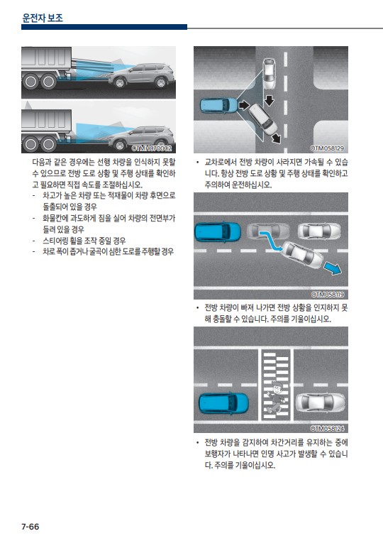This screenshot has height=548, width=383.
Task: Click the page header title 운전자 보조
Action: (43, 18)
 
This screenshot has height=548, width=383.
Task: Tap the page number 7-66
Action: (30, 526)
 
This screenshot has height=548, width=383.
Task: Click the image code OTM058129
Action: (327, 148)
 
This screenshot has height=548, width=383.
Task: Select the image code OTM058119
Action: (327, 295)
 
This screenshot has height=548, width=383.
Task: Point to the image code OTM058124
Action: (327, 429)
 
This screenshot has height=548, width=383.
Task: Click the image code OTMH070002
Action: (152, 148)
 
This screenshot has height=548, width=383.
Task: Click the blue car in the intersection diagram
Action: (219, 105)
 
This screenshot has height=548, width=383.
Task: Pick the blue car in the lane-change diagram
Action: (218, 232)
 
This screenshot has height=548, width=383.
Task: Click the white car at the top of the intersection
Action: (269, 74)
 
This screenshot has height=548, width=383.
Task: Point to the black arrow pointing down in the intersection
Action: (270, 100)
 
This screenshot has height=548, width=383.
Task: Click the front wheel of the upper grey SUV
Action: (119, 82)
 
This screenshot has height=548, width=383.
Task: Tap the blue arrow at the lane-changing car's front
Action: (333, 268)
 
